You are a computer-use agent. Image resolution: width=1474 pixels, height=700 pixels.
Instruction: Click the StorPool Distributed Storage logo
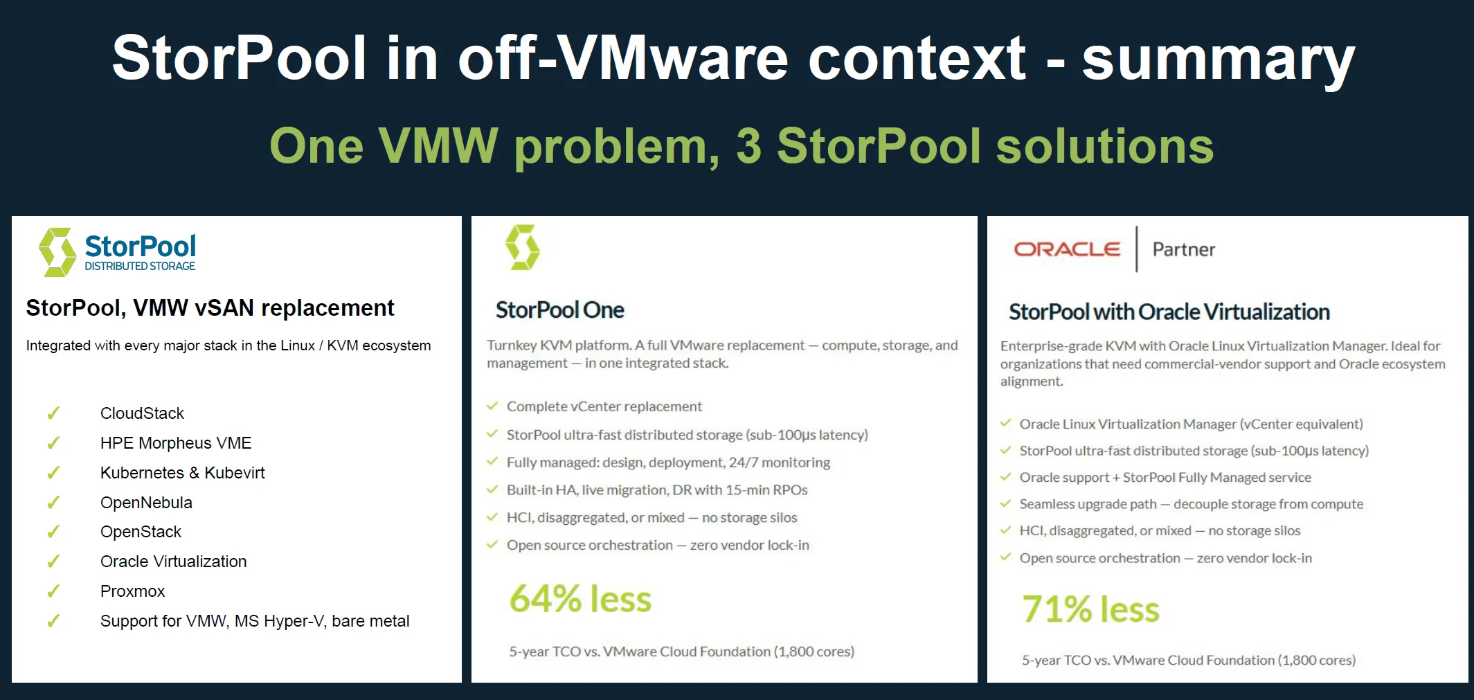[x=118, y=252]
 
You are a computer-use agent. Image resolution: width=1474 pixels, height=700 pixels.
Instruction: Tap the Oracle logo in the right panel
[x=1066, y=249]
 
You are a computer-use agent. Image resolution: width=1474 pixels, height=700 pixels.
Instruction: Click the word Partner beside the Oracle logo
[x=1183, y=249]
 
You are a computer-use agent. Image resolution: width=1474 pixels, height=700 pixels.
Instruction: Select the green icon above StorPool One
[x=523, y=247]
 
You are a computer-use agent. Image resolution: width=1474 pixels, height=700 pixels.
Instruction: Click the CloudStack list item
[x=142, y=413]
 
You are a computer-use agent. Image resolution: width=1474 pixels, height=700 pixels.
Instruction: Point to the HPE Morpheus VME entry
[x=175, y=443]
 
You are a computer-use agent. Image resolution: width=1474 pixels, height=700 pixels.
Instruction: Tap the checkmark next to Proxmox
[x=53, y=591]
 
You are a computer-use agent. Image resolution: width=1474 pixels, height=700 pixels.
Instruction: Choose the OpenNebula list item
[x=146, y=503]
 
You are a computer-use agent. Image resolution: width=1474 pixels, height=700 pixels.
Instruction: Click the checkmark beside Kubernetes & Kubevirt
[x=53, y=473]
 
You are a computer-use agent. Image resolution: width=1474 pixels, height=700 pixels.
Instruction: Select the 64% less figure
[x=580, y=599]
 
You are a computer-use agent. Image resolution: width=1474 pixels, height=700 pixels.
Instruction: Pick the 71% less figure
[x=1090, y=609]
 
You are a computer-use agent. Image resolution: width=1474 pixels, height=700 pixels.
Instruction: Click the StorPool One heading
[x=559, y=310]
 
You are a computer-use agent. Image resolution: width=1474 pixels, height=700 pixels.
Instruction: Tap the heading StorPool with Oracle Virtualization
[x=1169, y=312]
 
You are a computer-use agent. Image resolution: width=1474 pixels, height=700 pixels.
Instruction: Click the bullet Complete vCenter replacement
[x=604, y=406]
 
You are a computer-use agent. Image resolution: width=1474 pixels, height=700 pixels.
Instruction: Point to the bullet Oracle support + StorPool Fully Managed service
[x=1165, y=477]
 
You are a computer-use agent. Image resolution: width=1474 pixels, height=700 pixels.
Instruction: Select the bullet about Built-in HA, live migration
[x=656, y=490]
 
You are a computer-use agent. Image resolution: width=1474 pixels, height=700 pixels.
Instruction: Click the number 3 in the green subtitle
[x=748, y=146]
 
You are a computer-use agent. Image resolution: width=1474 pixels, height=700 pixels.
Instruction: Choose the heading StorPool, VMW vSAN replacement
[x=210, y=308]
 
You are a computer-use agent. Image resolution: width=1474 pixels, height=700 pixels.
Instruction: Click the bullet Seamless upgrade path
[x=1191, y=504]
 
